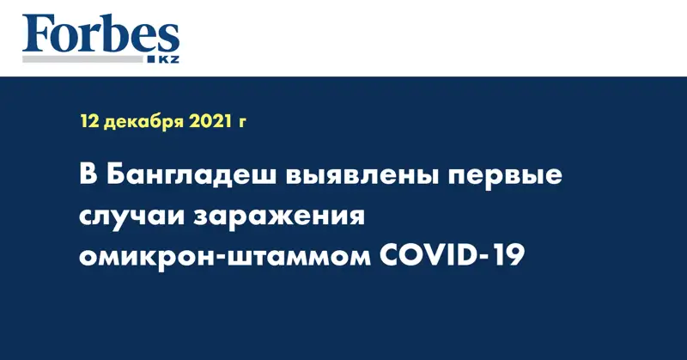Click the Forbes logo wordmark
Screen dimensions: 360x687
[101, 36]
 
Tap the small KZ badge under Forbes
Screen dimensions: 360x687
[164, 58]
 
